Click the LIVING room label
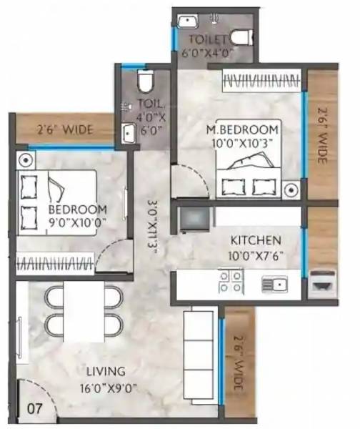[x=106, y=372]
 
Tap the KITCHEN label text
[x=255, y=240]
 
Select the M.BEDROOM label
[x=241, y=129]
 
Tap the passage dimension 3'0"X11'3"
[x=151, y=222]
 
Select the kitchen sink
[x=274, y=285]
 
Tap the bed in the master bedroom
[x=246, y=172]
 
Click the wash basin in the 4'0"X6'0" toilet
[x=129, y=132]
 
